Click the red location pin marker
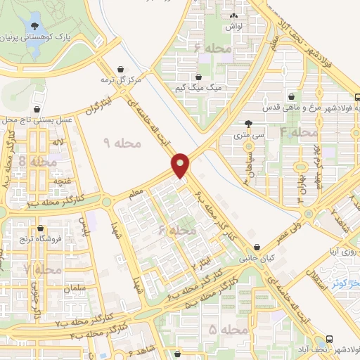tap(181, 165)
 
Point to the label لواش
tap(234, 27)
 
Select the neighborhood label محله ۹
tap(122, 143)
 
